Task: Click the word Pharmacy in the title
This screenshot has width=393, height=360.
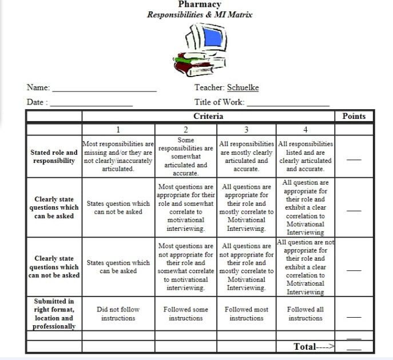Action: (199, 5)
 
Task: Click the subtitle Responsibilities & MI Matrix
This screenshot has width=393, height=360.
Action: (199, 15)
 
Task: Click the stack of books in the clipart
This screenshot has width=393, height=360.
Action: (189, 64)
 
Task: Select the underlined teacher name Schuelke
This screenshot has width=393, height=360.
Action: (243, 87)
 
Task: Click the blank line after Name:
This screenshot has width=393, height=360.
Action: (104, 90)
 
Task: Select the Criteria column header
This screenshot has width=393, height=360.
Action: (208, 116)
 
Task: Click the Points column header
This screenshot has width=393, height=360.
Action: (354, 116)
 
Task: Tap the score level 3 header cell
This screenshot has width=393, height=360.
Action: (246, 129)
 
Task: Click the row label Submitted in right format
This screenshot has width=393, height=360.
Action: (54, 313)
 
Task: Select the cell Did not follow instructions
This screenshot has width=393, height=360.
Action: (118, 313)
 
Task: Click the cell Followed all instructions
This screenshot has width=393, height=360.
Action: (305, 313)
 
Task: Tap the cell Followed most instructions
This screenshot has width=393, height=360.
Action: (246, 313)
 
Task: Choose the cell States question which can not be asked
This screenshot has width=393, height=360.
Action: (118, 207)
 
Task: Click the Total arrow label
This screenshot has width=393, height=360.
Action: (313, 346)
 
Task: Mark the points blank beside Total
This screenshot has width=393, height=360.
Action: (354, 347)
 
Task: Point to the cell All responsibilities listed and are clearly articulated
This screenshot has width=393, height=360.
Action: (305, 156)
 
